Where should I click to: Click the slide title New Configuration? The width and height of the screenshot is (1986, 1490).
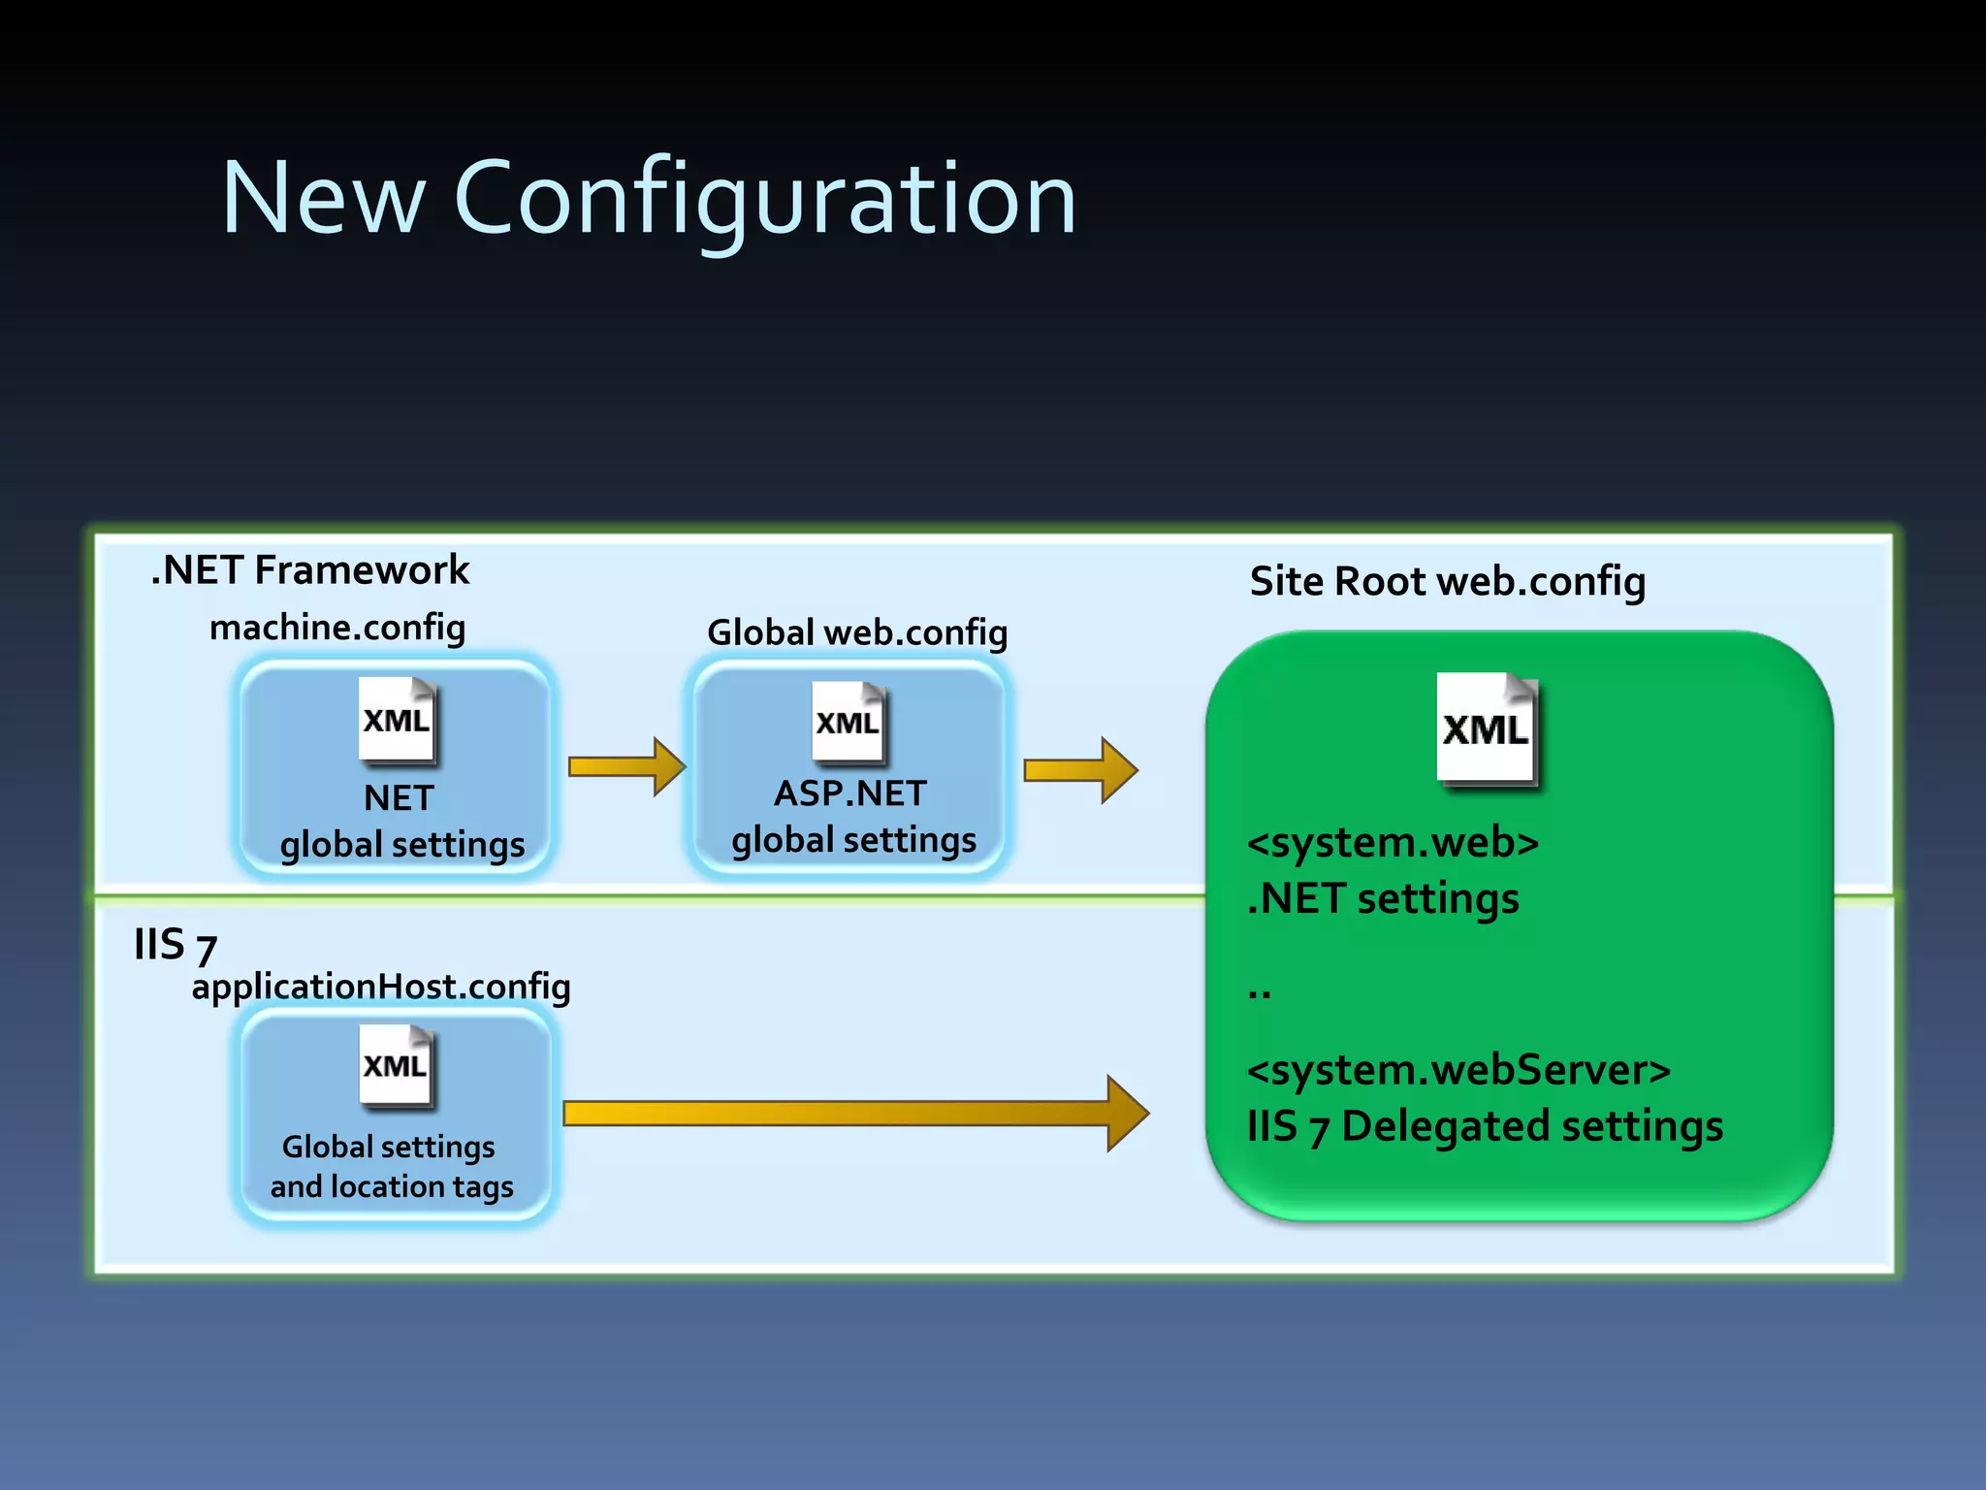(x=649, y=199)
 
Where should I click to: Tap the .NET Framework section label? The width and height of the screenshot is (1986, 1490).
(x=310, y=570)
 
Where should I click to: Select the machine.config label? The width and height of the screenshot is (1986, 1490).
(x=337, y=628)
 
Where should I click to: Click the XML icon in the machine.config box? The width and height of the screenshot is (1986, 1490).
(x=397, y=719)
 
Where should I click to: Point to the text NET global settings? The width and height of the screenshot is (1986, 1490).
(x=400, y=822)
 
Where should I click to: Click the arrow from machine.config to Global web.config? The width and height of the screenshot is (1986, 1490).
(x=626, y=767)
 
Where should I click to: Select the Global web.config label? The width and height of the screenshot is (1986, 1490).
(x=857, y=632)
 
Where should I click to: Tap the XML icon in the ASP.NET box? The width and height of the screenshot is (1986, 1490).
(x=849, y=722)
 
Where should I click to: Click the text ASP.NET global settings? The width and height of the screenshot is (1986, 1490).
(x=852, y=817)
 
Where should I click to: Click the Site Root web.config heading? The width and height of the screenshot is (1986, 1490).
(x=1447, y=582)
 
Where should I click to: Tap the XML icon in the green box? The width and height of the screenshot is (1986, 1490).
(x=1486, y=728)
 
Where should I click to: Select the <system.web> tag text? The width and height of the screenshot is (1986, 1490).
(x=1393, y=842)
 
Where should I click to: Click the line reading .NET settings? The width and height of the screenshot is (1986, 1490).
(x=1383, y=898)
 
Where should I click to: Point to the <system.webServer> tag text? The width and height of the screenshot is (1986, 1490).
(x=1458, y=1070)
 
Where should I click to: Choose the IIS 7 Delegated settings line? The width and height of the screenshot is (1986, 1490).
(x=1485, y=1127)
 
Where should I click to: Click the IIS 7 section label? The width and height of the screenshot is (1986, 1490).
(x=175, y=945)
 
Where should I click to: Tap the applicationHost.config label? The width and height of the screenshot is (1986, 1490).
(x=381, y=987)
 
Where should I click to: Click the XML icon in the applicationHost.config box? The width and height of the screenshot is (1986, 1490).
(x=396, y=1065)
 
